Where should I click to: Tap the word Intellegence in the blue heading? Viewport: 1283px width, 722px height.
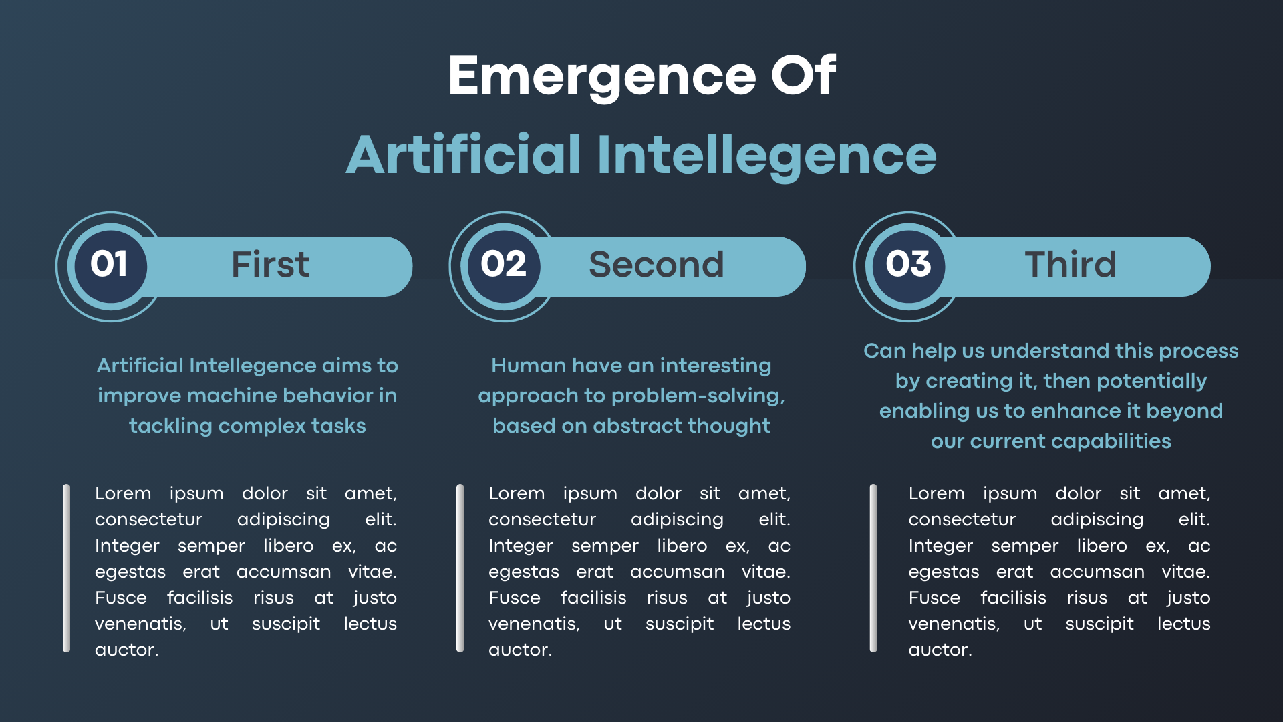click(766, 156)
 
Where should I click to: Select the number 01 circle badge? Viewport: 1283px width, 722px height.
click(110, 266)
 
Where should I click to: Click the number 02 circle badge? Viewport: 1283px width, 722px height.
click(504, 266)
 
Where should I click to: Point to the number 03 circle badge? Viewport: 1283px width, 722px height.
click(909, 266)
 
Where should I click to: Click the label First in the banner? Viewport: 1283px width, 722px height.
click(271, 265)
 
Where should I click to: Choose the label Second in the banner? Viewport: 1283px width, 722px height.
click(656, 265)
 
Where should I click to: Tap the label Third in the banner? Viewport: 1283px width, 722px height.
click(1071, 265)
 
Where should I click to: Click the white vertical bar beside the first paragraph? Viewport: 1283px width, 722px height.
click(66, 568)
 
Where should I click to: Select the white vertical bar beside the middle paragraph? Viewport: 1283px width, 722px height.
click(460, 568)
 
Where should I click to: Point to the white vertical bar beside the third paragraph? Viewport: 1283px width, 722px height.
click(873, 568)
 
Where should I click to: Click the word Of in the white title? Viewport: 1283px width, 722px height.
click(803, 76)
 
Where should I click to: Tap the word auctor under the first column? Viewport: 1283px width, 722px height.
click(126, 650)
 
